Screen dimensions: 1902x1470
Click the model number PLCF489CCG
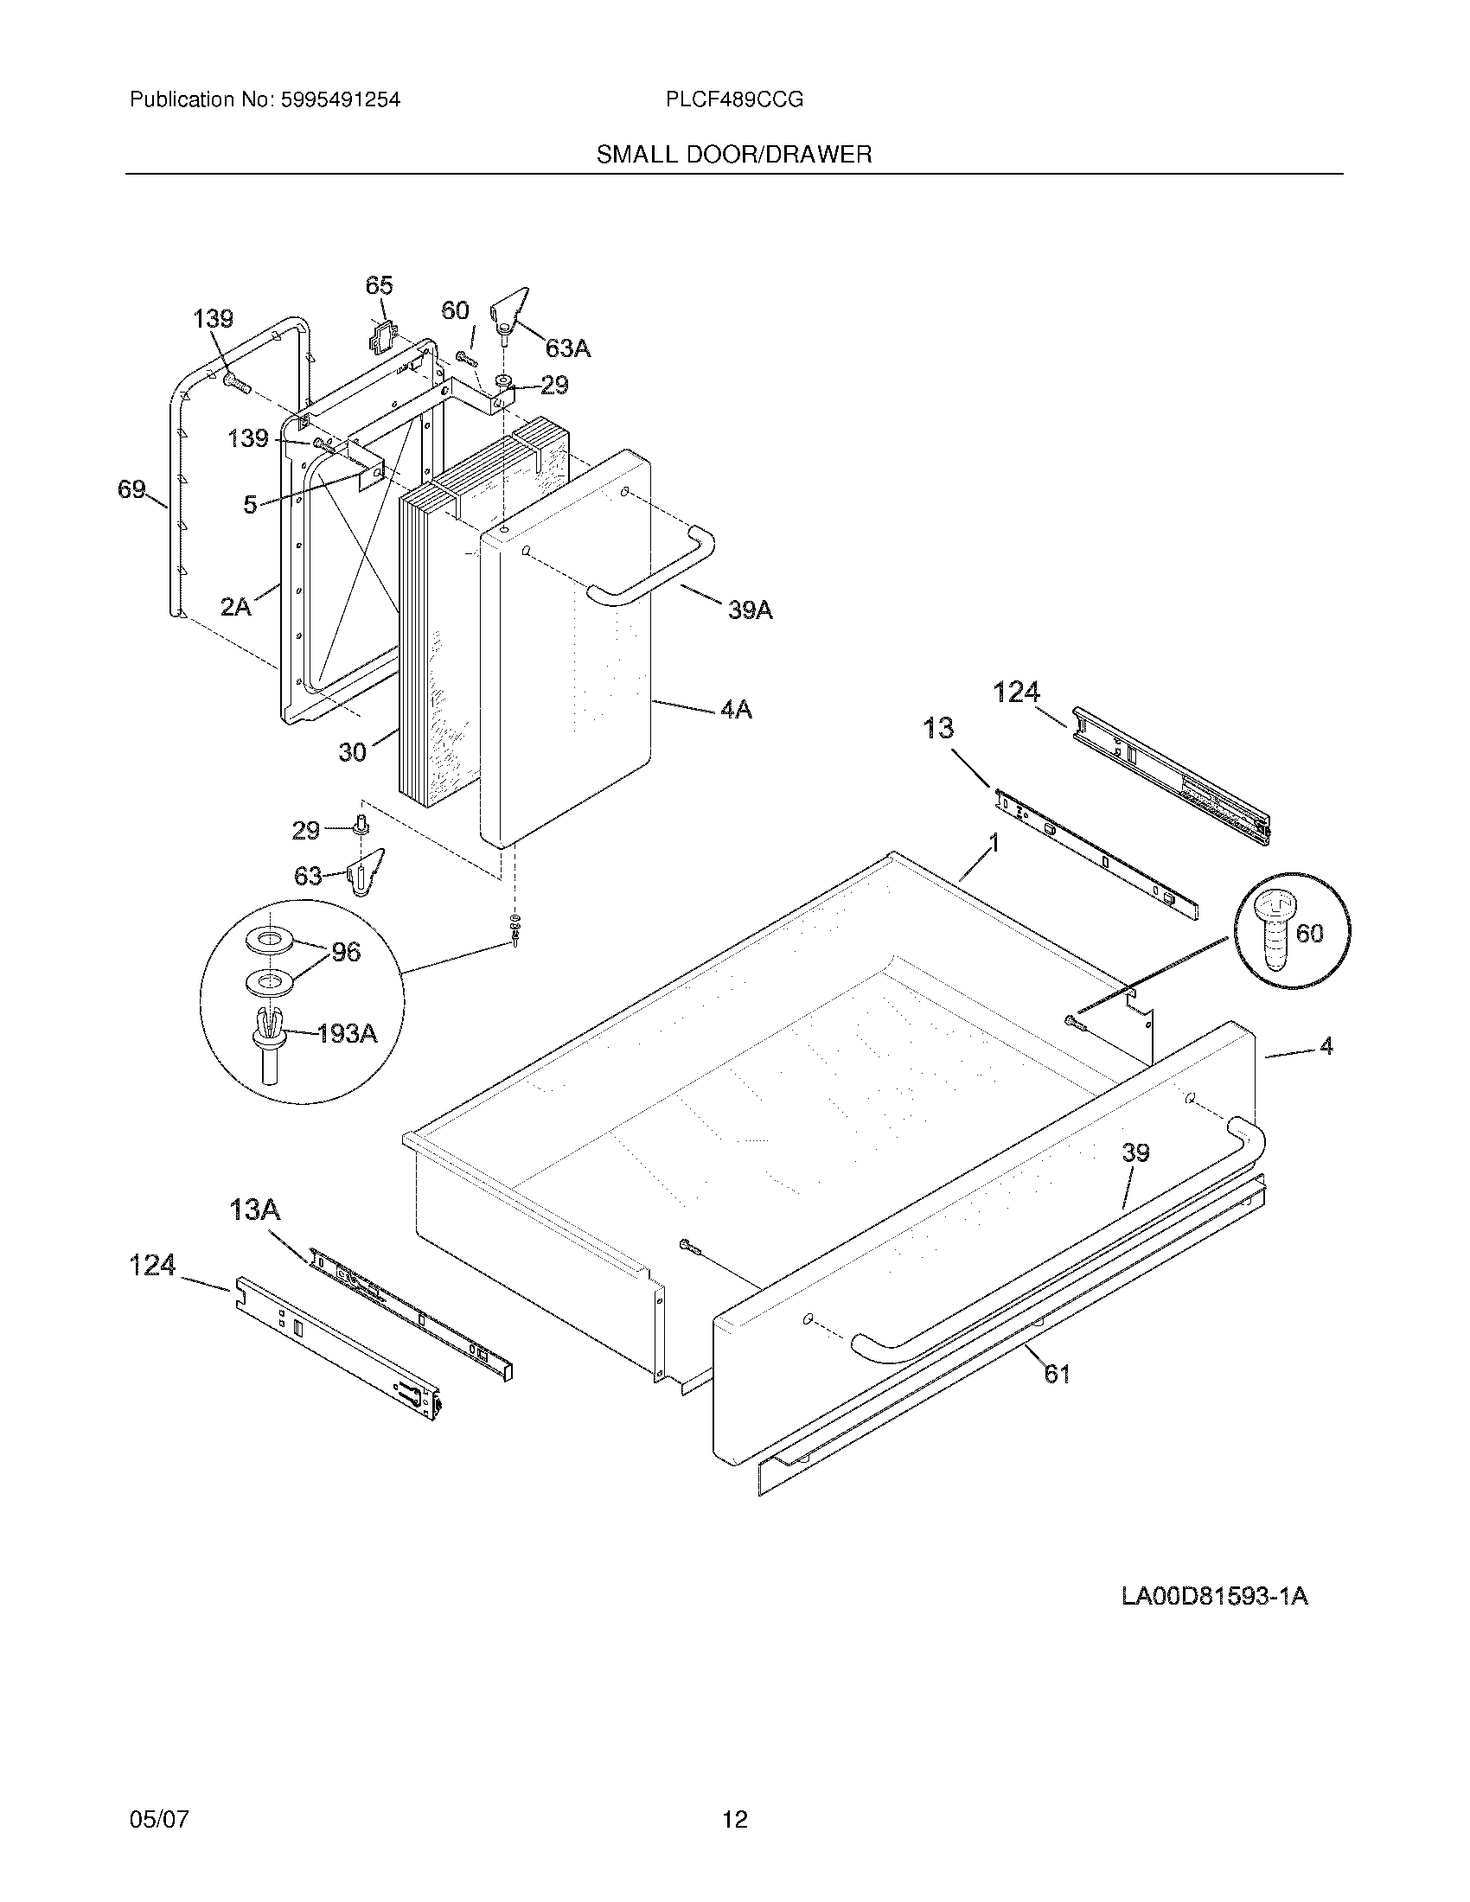pos(734,100)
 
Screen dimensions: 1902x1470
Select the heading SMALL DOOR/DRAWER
pos(733,155)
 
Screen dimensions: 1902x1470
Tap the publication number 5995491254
pos(341,100)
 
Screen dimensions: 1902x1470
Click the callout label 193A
pos(347,1034)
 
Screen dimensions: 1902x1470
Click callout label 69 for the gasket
pos(131,490)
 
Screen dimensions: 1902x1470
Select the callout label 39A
pos(750,610)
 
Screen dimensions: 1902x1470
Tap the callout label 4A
pos(735,710)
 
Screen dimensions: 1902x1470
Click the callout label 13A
pos(255,1209)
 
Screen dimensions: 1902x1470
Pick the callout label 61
pos(1057,1375)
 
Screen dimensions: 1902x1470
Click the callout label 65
pos(379,285)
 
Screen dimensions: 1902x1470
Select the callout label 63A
pos(568,349)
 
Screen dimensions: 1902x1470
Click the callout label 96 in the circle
pos(346,952)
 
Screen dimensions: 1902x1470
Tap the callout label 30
pos(352,751)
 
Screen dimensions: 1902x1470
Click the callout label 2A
pos(235,607)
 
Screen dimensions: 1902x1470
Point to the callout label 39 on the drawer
pos(1134,1153)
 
